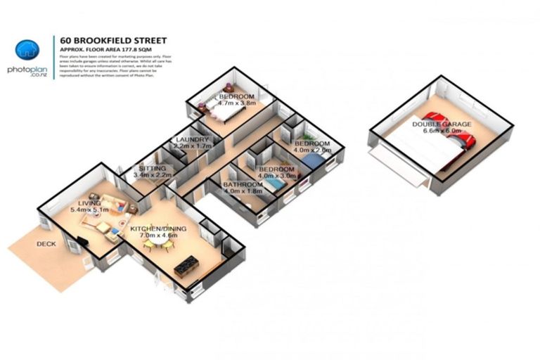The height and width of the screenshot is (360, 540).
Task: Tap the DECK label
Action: (x=47, y=244)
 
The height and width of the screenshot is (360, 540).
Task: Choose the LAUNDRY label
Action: (x=193, y=140)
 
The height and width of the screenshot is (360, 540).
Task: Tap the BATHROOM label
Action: (x=243, y=184)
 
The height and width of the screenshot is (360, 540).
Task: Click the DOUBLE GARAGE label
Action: (x=442, y=124)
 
